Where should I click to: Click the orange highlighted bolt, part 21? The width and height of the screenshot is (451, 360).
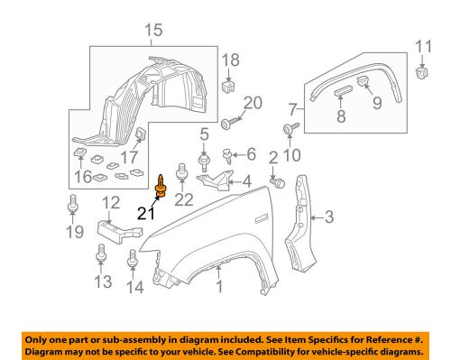pos(161,187)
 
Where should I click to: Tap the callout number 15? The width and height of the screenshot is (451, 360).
pos(153,31)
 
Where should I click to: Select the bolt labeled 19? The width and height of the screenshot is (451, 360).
pos(72,204)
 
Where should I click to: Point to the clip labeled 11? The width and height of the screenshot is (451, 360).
pos(422,73)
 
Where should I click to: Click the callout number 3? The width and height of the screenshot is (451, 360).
pos(329,217)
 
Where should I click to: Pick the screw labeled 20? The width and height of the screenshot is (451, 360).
pos(230,123)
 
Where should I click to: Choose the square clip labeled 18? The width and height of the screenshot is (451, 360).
pos(228,87)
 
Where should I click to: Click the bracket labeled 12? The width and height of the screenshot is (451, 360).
pos(120,232)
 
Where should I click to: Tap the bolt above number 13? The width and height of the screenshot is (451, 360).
pos(101,254)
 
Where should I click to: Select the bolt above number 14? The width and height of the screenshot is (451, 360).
pos(133,258)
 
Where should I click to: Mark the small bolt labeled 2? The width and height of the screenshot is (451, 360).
pos(278,182)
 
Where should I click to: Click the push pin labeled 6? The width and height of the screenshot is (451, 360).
pos(227,156)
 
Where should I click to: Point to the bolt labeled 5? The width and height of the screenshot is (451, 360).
pos(205,162)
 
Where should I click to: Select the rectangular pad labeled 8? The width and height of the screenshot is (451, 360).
pos(343,90)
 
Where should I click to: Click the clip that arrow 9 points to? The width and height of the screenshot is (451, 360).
pos(364,80)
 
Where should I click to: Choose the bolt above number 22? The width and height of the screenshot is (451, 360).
pos(181,172)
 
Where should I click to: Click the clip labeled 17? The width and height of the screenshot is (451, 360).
pos(141,134)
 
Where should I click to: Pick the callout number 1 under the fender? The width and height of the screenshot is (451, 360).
pos(220,286)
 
